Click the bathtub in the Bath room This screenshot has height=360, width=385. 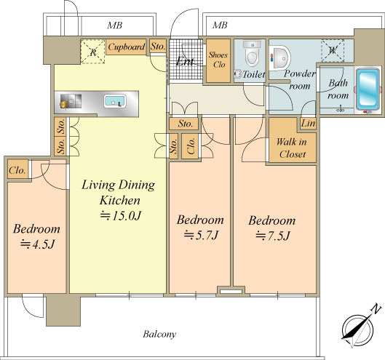[x=368, y=89]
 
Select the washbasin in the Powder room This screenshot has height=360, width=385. [x=280, y=58]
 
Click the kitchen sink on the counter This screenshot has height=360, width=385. [x=115, y=101]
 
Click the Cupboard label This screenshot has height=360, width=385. [x=126, y=47]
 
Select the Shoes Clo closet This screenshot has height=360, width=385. [x=218, y=60]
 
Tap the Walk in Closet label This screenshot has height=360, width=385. [x=292, y=148]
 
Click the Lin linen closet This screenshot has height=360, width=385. [x=309, y=124]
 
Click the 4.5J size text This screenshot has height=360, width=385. [x=37, y=244]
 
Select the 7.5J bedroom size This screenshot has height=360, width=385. [x=273, y=236]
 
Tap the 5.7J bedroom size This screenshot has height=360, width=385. [x=201, y=235]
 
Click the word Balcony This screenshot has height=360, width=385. [x=159, y=335]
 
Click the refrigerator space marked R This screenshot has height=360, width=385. [x=93, y=52]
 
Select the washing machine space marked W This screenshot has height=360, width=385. [x=333, y=51]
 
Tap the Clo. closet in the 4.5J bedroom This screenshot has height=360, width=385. [x=18, y=169]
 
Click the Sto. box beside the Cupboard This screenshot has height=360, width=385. [x=158, y=46]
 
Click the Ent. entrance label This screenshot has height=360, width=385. [x=185, y=61]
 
